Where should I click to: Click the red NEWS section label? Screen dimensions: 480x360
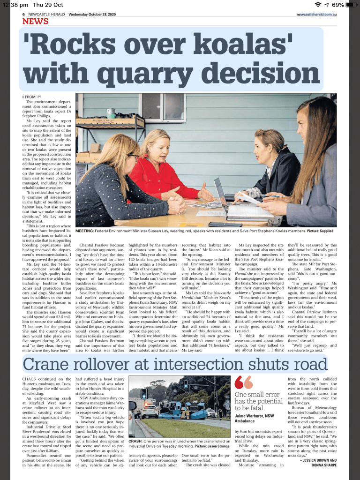(x=35, y=21)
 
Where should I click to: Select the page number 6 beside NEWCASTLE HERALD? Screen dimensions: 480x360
(x=24, y=15)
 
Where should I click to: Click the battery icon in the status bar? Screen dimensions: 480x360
(x=352, y=5)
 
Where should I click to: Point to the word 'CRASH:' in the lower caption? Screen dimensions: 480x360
(x=135, y=441)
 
